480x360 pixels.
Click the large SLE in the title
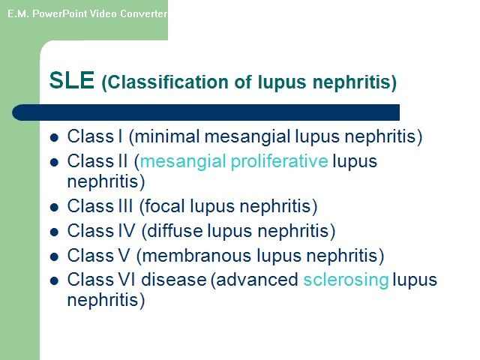click(x=72, y=80)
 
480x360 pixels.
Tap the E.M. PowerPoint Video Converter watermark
click(x=87, y=13)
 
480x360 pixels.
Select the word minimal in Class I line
click(x=167, y=136)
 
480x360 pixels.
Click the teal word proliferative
click(x=279, y=162)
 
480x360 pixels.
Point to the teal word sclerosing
click(x=346, y=280)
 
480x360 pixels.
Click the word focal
click(x=164, y=205)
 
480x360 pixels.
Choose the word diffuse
click(x=175, y=230)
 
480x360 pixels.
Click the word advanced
click(x=257, y=280)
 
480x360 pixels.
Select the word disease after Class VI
click(x=173, y=280)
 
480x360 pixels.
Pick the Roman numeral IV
click(x=127, y=230)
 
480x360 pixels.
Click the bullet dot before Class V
click(x=54, y=256)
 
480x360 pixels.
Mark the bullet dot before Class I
click(x=54, y=137)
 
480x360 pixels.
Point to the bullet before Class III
click(x=54, y=207)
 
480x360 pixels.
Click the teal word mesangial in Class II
click(x=183, y=162)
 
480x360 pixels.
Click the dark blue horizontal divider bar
click(x=205, y=112)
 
